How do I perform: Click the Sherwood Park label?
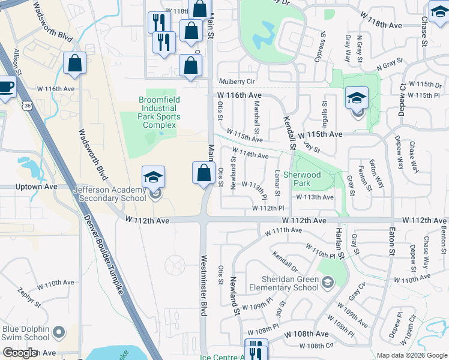(311, 178)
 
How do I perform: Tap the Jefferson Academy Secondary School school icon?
(152, 177)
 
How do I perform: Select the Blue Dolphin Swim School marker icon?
(59, 331)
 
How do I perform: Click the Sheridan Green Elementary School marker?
(328, 281)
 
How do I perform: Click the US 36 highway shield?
(27, 106)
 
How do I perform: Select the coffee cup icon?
(6, 86)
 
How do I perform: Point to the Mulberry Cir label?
(237, 81)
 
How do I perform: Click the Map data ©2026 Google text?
(411, 355)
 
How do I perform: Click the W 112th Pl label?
(267, 208)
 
